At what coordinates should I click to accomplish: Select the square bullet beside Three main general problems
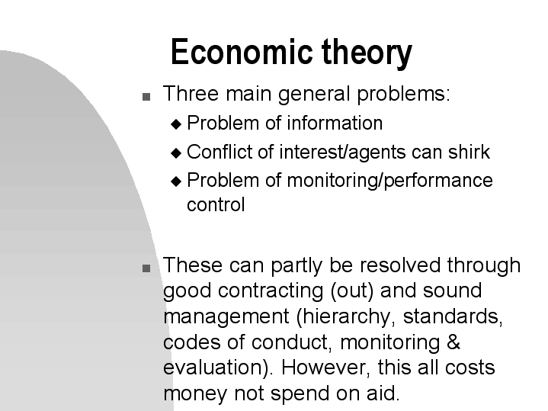pos(146,98)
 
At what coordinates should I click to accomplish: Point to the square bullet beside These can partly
pos(146,268)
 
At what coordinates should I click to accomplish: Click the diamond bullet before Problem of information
pos(177,124)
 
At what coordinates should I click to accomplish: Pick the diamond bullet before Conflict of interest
pos(177,153)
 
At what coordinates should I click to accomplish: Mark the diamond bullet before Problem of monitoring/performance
pos(177,182)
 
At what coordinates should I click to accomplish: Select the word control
pos(216,205)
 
